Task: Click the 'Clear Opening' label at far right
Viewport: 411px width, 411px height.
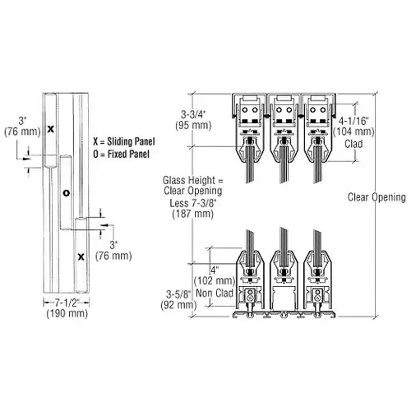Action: [377, 196]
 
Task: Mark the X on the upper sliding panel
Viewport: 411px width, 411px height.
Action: [50, 129]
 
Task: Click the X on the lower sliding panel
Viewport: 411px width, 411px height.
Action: [81, 256]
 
